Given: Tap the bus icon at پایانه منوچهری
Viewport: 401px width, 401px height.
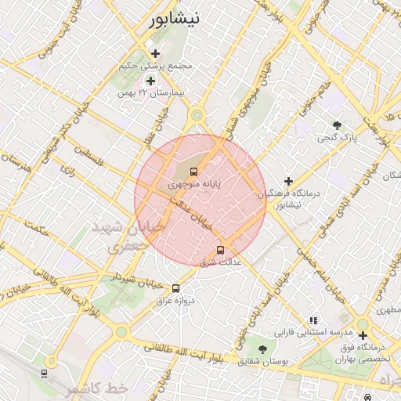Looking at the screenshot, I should [193, 171].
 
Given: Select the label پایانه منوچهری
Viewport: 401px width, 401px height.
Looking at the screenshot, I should [193, 184].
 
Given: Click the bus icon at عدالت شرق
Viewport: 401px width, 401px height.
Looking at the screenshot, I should [220, 250].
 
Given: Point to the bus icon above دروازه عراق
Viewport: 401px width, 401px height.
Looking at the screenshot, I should [175, 288].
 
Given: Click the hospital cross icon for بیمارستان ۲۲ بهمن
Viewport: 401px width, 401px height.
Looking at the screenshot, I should [151, 81].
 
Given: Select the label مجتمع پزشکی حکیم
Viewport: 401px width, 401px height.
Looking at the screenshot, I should [156, 66].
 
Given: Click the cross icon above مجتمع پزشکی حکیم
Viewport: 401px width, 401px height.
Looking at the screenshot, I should [156, 53].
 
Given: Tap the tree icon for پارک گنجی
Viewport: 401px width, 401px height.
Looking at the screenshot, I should [338, 125].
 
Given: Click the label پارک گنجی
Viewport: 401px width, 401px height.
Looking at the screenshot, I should [337, 137].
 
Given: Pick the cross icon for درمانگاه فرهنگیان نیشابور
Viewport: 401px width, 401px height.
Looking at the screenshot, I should [289, 181].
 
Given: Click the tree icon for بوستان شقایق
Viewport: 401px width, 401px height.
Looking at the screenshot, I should [262, 349].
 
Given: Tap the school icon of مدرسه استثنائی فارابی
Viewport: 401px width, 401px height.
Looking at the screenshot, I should [313, 320].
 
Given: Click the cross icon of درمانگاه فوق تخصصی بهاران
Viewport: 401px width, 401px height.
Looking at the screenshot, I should [363, 335].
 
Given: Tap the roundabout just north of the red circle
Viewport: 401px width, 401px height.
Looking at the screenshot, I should [197, 116].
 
